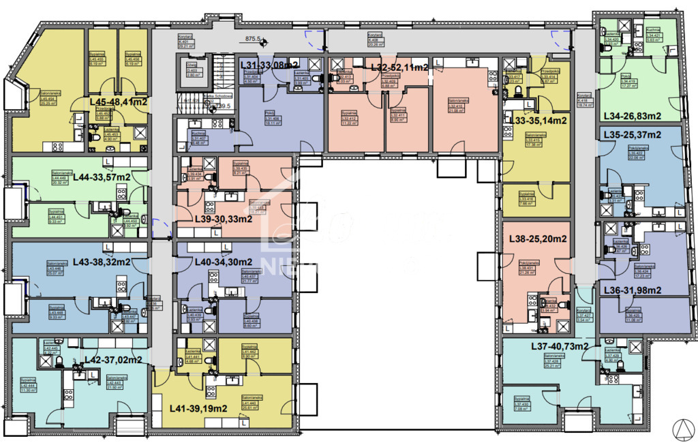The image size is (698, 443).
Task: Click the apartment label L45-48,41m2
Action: pos(119,102)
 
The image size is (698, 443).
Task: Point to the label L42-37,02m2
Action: pos(112,359)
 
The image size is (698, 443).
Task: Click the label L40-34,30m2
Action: pos(214,262)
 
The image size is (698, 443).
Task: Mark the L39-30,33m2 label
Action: pos(214,219)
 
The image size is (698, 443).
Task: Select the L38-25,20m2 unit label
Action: pos(538,239)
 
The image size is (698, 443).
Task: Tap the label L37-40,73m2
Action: pos(559,346)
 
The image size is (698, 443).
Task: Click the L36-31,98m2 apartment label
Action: pos(632,290)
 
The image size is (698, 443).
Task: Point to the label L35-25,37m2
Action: pos(632,135)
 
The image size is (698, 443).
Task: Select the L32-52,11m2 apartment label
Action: pos(399,67)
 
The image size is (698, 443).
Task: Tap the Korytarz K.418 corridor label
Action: pos(583,100)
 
